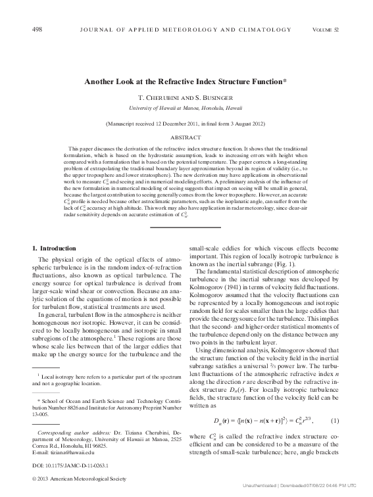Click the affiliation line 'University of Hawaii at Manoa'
(186, 106)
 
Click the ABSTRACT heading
(186, 138)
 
